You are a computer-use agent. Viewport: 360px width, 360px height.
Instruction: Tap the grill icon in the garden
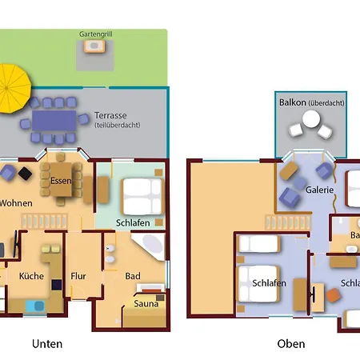[94, 47]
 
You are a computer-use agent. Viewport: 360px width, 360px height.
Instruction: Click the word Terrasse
[110, 115]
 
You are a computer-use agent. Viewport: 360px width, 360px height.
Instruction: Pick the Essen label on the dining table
[61, 181]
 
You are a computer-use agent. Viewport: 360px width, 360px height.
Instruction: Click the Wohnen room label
[16, 203]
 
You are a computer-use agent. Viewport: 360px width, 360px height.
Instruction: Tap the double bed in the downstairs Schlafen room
[142, 194]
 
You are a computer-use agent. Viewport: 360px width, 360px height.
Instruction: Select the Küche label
[32, 276]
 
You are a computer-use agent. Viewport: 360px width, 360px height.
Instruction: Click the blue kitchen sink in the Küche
[35, 305]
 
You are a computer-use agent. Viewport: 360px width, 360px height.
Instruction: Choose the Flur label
[78, 276]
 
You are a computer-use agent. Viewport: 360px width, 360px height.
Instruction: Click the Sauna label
[146, 303]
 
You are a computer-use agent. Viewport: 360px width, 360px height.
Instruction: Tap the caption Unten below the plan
[46, 344]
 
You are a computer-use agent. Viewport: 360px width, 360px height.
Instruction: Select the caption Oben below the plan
[290, 344]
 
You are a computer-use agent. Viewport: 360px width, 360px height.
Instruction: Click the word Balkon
[291, 102]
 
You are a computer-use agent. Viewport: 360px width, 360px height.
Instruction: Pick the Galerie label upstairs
[318, 190]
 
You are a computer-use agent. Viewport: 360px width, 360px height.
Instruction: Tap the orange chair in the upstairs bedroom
[332, 296]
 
